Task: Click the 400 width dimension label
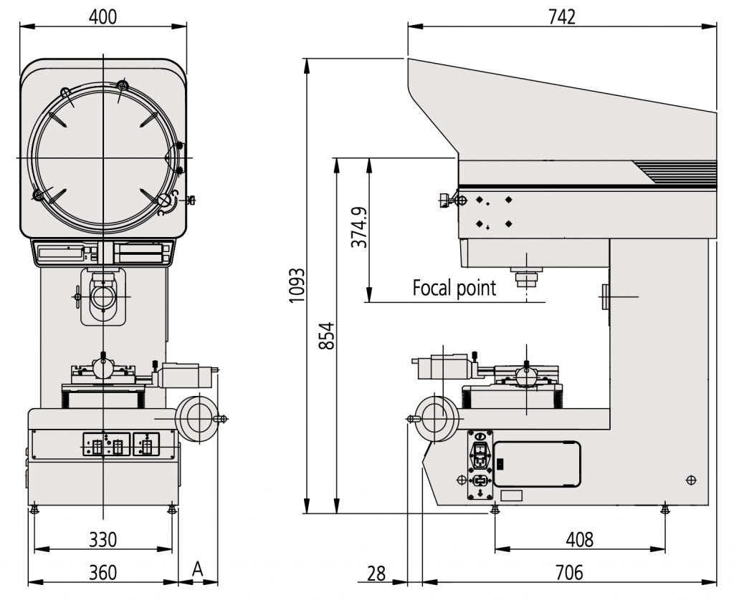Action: [x=103, y=16]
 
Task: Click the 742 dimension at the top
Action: [x=561, y=16]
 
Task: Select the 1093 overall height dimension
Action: [x=296, y=286]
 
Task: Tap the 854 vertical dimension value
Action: [x=327, y=336]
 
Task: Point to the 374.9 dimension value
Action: [x=359, y=228]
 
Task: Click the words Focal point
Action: [x=454, y=289]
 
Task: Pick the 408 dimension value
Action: [x=578, y=539]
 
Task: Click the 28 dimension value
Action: [x=376, y=573]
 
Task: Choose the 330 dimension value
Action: [x=103, y=539]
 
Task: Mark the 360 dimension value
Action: [x=103, y=573]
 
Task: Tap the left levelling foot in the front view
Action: [x=34, y=510]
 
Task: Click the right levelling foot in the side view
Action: [x=664, y=509]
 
